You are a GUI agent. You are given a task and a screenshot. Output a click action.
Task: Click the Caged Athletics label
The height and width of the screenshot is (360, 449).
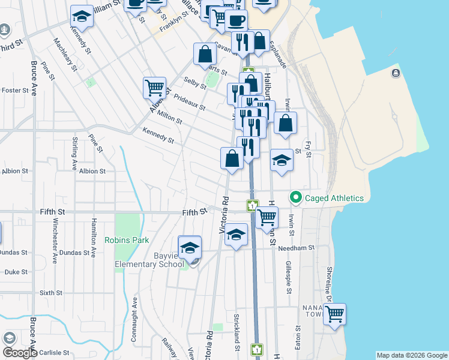point(334,197)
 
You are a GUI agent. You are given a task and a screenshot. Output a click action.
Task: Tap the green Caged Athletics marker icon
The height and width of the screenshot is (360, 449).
point(295,197)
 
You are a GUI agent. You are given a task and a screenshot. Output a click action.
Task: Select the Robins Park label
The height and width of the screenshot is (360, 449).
point(127,240)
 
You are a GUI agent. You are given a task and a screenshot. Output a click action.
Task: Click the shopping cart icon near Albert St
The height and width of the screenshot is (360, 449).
point(154,88)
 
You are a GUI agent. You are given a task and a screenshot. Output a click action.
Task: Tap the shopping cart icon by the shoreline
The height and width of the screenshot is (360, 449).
point(334,314)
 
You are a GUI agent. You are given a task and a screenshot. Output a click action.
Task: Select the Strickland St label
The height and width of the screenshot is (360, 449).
point(238,340)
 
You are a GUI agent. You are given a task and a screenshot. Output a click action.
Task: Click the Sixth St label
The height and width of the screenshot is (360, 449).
point(50,293)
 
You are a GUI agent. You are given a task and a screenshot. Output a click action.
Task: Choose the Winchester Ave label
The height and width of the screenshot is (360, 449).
point(55,241)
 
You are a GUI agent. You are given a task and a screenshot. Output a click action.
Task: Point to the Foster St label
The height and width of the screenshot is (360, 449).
point(16,91)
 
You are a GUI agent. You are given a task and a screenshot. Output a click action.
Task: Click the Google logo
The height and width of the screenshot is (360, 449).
point(20,353)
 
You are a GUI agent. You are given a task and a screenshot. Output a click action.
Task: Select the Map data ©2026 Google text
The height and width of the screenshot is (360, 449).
point(412,355)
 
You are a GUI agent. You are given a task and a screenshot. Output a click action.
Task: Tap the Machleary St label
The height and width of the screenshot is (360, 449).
point(65,55)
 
